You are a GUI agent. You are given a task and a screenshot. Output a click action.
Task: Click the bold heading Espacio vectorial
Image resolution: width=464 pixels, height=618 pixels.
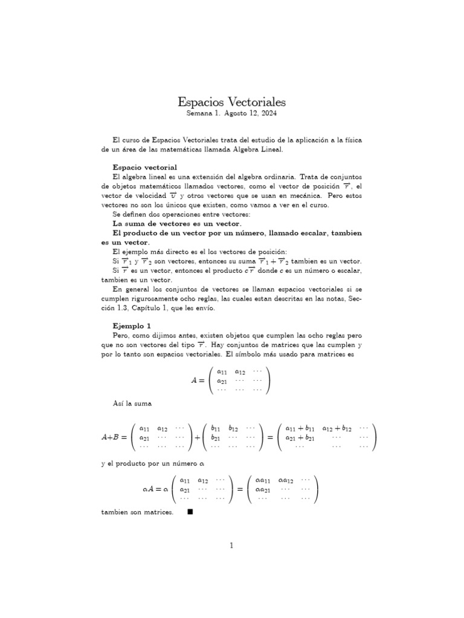pos(145,167)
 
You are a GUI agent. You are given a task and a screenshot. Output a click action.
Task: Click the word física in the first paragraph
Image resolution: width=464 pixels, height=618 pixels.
pos(352,140)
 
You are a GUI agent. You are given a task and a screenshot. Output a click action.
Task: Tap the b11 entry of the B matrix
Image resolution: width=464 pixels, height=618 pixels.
pos(215,428)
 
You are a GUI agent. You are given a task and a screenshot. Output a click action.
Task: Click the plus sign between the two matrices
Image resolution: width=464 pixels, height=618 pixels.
pos(197,438)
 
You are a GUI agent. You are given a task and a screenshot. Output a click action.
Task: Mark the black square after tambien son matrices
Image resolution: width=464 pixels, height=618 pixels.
pos(190,512)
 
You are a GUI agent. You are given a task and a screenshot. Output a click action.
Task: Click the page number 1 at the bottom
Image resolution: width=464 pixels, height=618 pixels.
pos(231,546)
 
